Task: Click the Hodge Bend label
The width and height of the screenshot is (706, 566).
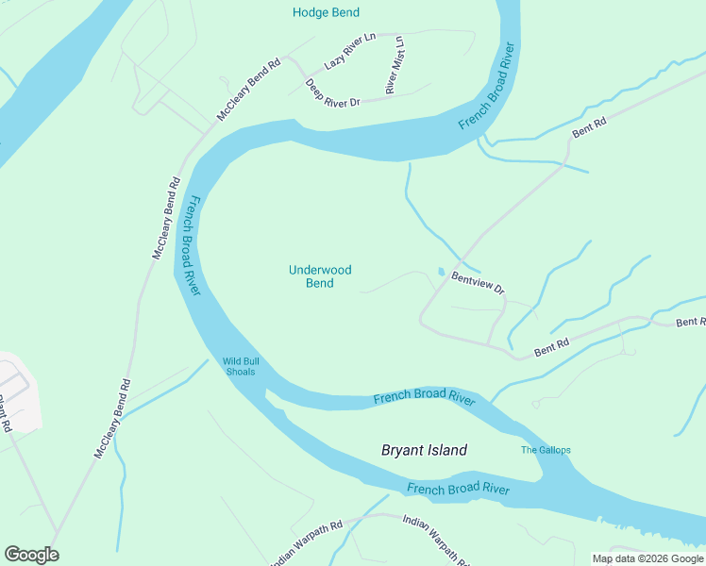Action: point(325,12)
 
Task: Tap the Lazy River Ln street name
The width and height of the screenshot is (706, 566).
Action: point(349,51)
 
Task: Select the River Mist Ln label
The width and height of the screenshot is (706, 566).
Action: point(394,66)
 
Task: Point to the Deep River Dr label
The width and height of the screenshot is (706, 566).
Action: point(332,92)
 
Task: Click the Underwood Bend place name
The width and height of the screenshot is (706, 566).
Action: point(319,276)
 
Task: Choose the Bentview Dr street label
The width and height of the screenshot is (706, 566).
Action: point(478,282)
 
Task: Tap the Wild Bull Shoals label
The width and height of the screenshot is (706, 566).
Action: point(241,366)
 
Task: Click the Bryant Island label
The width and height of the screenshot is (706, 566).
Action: point(424,450)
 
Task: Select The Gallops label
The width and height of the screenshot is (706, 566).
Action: point(546,450)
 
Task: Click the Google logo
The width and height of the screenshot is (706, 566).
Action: point(31,555)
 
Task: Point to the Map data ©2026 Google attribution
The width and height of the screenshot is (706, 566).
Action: point(647,558)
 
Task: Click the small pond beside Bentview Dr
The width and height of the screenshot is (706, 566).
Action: point(441,273)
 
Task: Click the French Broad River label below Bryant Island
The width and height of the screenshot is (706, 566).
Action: point(458,489)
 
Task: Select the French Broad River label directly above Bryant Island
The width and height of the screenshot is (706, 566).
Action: point(423,397)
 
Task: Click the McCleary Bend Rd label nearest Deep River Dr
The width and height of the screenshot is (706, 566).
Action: point(248,91)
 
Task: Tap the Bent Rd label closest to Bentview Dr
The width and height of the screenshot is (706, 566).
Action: point(551,346)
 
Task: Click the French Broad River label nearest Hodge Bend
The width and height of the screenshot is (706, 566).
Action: point(489,86)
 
